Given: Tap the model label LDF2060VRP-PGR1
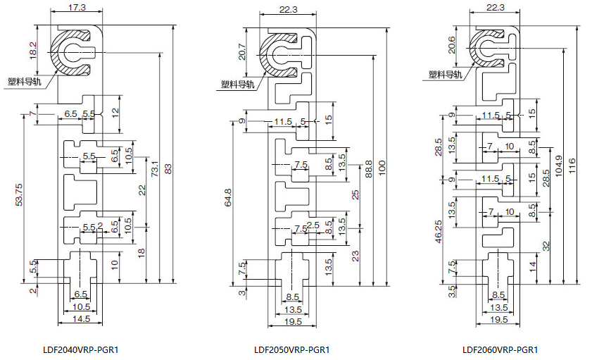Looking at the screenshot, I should coord(500,349).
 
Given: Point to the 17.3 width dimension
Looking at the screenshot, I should coord(77,7).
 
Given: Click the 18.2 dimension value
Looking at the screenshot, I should coord(32,50).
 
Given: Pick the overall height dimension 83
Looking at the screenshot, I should coord(168,170).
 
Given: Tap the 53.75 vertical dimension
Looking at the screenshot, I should coord(19,194).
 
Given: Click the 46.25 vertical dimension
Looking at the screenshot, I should coord(439,231).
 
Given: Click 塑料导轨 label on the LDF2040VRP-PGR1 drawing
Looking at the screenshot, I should coord(23,80).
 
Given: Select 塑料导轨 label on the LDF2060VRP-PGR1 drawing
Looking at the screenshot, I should coord(445,74).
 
